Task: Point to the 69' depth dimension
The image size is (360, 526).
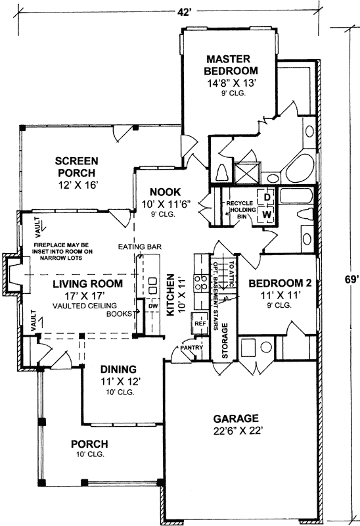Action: tap(351, 279)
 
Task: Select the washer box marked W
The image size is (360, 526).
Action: tap(268, 214)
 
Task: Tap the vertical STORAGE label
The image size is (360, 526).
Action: tap(224, 339)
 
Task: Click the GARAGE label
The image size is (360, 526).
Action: tap(236, 418)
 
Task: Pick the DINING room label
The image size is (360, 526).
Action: tap(118, 369)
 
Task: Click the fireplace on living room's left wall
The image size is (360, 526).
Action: tap(14, 273)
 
